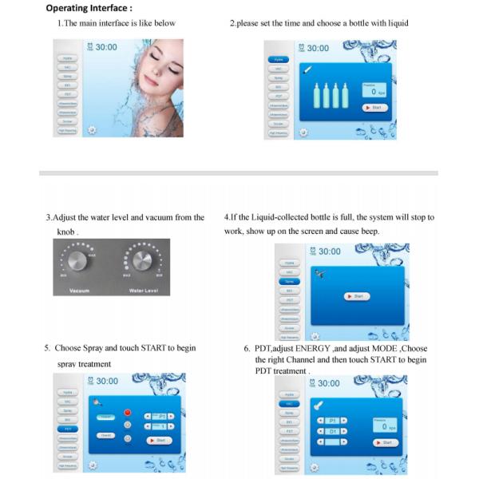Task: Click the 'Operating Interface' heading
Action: pos(89,9)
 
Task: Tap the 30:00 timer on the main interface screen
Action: pos(101,48)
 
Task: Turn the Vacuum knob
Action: pos(79,263)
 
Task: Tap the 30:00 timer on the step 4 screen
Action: pos(324,251)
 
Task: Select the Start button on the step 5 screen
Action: pos(159,440)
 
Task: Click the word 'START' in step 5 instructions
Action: pos(139,348)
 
